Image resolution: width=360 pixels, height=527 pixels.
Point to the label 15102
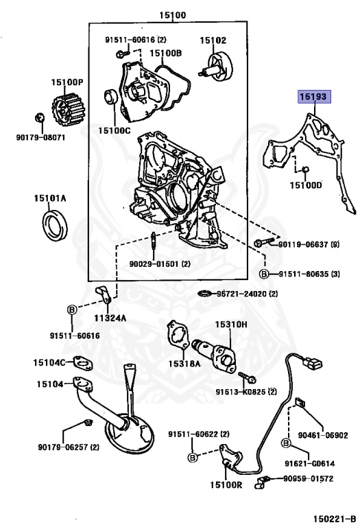213,40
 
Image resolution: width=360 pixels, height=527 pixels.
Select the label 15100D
305,185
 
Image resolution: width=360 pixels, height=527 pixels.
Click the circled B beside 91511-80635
265,274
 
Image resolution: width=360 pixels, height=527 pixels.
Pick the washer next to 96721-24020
204,294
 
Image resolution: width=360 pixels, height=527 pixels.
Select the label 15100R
226,485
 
